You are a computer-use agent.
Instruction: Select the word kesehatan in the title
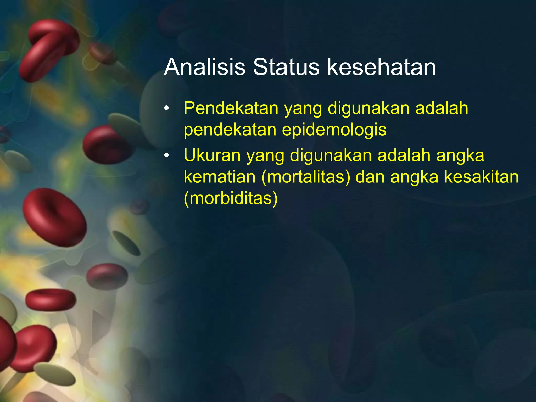click(381, 67)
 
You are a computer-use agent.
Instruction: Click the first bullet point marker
click(167, 108)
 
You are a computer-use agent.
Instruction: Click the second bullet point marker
click(167, 155)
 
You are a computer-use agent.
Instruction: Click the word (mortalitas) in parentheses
click(306, 177)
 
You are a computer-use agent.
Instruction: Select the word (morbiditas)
click(231, 198)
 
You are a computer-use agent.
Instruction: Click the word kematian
click(219, 177)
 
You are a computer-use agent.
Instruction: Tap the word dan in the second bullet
click(370, 177)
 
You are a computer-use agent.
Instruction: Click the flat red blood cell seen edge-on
click(51, 300)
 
